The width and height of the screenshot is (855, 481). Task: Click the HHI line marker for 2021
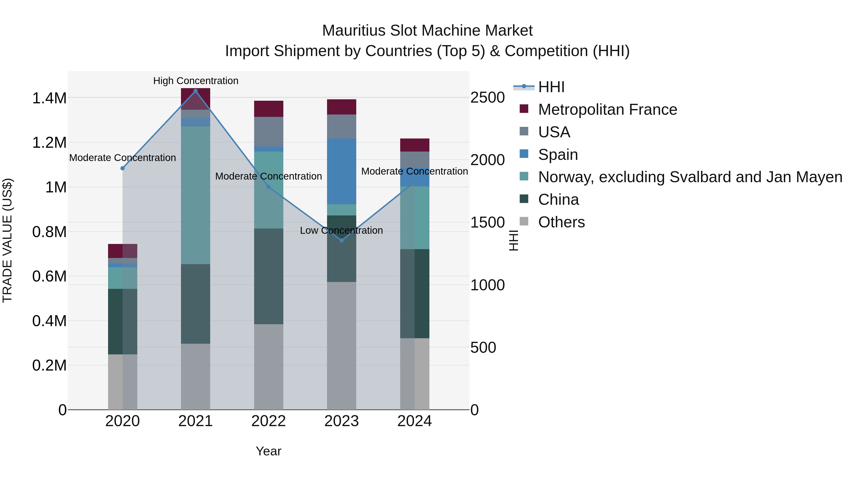point(195,91)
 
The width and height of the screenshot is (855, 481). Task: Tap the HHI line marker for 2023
point(342,240)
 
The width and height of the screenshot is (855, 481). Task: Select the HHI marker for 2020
point(123,168)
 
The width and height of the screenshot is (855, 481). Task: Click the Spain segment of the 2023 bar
point(342,171)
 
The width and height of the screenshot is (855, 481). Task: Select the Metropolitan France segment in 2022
point(269,109)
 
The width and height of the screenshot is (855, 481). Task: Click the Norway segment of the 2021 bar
point(195,195)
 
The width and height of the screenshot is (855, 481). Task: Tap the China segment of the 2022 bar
point(269,276)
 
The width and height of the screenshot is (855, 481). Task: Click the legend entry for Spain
point(558,155)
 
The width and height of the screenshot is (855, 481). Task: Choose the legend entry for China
point(558,200)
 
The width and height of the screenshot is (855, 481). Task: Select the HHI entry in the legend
point(551,87)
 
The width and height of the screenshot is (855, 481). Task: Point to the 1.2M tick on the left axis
point(49,143)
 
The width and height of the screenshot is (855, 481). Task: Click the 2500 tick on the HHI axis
point(487,98)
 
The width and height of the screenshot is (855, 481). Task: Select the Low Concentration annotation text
point(341,230)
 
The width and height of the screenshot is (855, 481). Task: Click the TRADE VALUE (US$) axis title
point(7,240)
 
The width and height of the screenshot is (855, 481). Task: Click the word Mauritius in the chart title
point(353,31)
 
